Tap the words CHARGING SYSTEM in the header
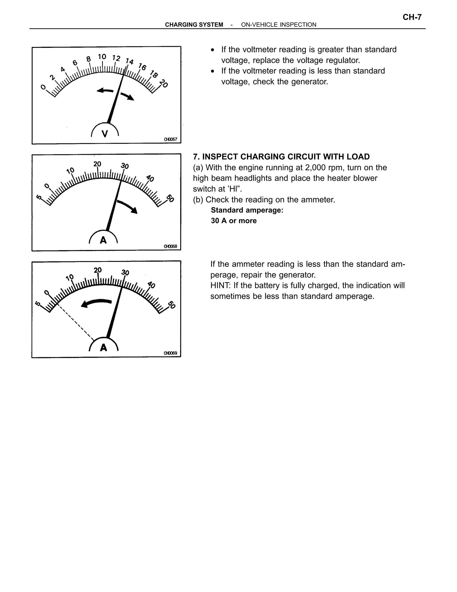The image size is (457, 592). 194,25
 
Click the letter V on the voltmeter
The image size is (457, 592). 104,134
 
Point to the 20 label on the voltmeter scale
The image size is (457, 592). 164,84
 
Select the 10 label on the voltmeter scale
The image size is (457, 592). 102,57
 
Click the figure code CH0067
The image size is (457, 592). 170,139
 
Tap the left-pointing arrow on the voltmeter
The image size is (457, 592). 105,91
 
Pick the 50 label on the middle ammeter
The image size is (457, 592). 170,198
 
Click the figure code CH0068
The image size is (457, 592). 170,246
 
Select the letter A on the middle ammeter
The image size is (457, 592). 103,240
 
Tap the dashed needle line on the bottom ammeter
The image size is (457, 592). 76,323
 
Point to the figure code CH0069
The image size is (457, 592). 170,353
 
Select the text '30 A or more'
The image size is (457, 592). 234,221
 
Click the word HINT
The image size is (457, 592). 220,286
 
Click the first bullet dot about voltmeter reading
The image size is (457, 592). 213,50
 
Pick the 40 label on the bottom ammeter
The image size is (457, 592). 151,285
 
